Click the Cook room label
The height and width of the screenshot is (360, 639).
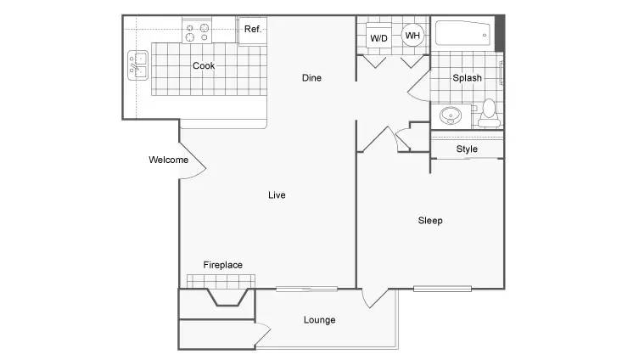[204, 65]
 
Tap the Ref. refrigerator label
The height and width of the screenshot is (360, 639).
[252, 29]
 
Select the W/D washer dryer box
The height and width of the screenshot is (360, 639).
[378, 36]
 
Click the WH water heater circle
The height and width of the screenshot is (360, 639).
[412, 36]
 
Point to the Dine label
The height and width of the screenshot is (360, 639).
[311, 78]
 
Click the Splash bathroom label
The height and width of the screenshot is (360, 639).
[467, 78]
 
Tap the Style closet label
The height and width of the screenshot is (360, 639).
[467, 149]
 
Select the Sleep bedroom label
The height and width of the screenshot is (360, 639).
[430, 221]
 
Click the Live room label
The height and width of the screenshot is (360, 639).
[277, 195]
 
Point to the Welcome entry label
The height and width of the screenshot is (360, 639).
[168, 160]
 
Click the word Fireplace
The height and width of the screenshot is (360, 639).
[223, 265]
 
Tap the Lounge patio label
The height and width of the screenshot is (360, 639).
[319, 320]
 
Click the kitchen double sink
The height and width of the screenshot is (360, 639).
[137, 65]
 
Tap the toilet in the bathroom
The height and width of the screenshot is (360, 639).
[489, 113]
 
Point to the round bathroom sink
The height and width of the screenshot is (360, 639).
[451, 115]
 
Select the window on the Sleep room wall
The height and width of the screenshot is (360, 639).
[442, 289]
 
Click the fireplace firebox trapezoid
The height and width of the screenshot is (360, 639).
[228, 297]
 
